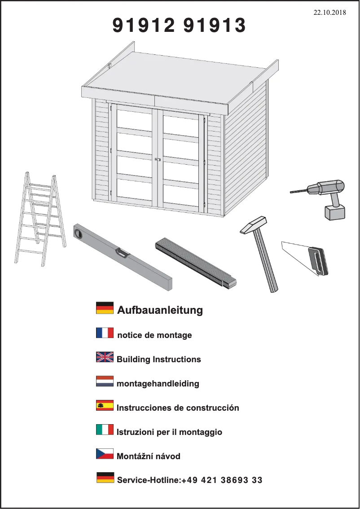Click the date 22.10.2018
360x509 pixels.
[329, 13]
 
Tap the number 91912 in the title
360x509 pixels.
[143, 26]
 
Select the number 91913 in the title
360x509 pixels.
[215, 26]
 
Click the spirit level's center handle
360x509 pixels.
[122, 253]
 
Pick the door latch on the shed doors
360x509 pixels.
[158, 159]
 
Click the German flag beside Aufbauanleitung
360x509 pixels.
[105, 308]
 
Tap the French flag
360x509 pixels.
[105, 333]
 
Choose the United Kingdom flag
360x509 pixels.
[105, 357]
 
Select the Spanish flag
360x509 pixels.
[105, 406]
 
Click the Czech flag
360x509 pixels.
[105, 454]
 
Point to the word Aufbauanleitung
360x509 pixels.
[160, 310]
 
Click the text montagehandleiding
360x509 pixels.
[158, 384]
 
